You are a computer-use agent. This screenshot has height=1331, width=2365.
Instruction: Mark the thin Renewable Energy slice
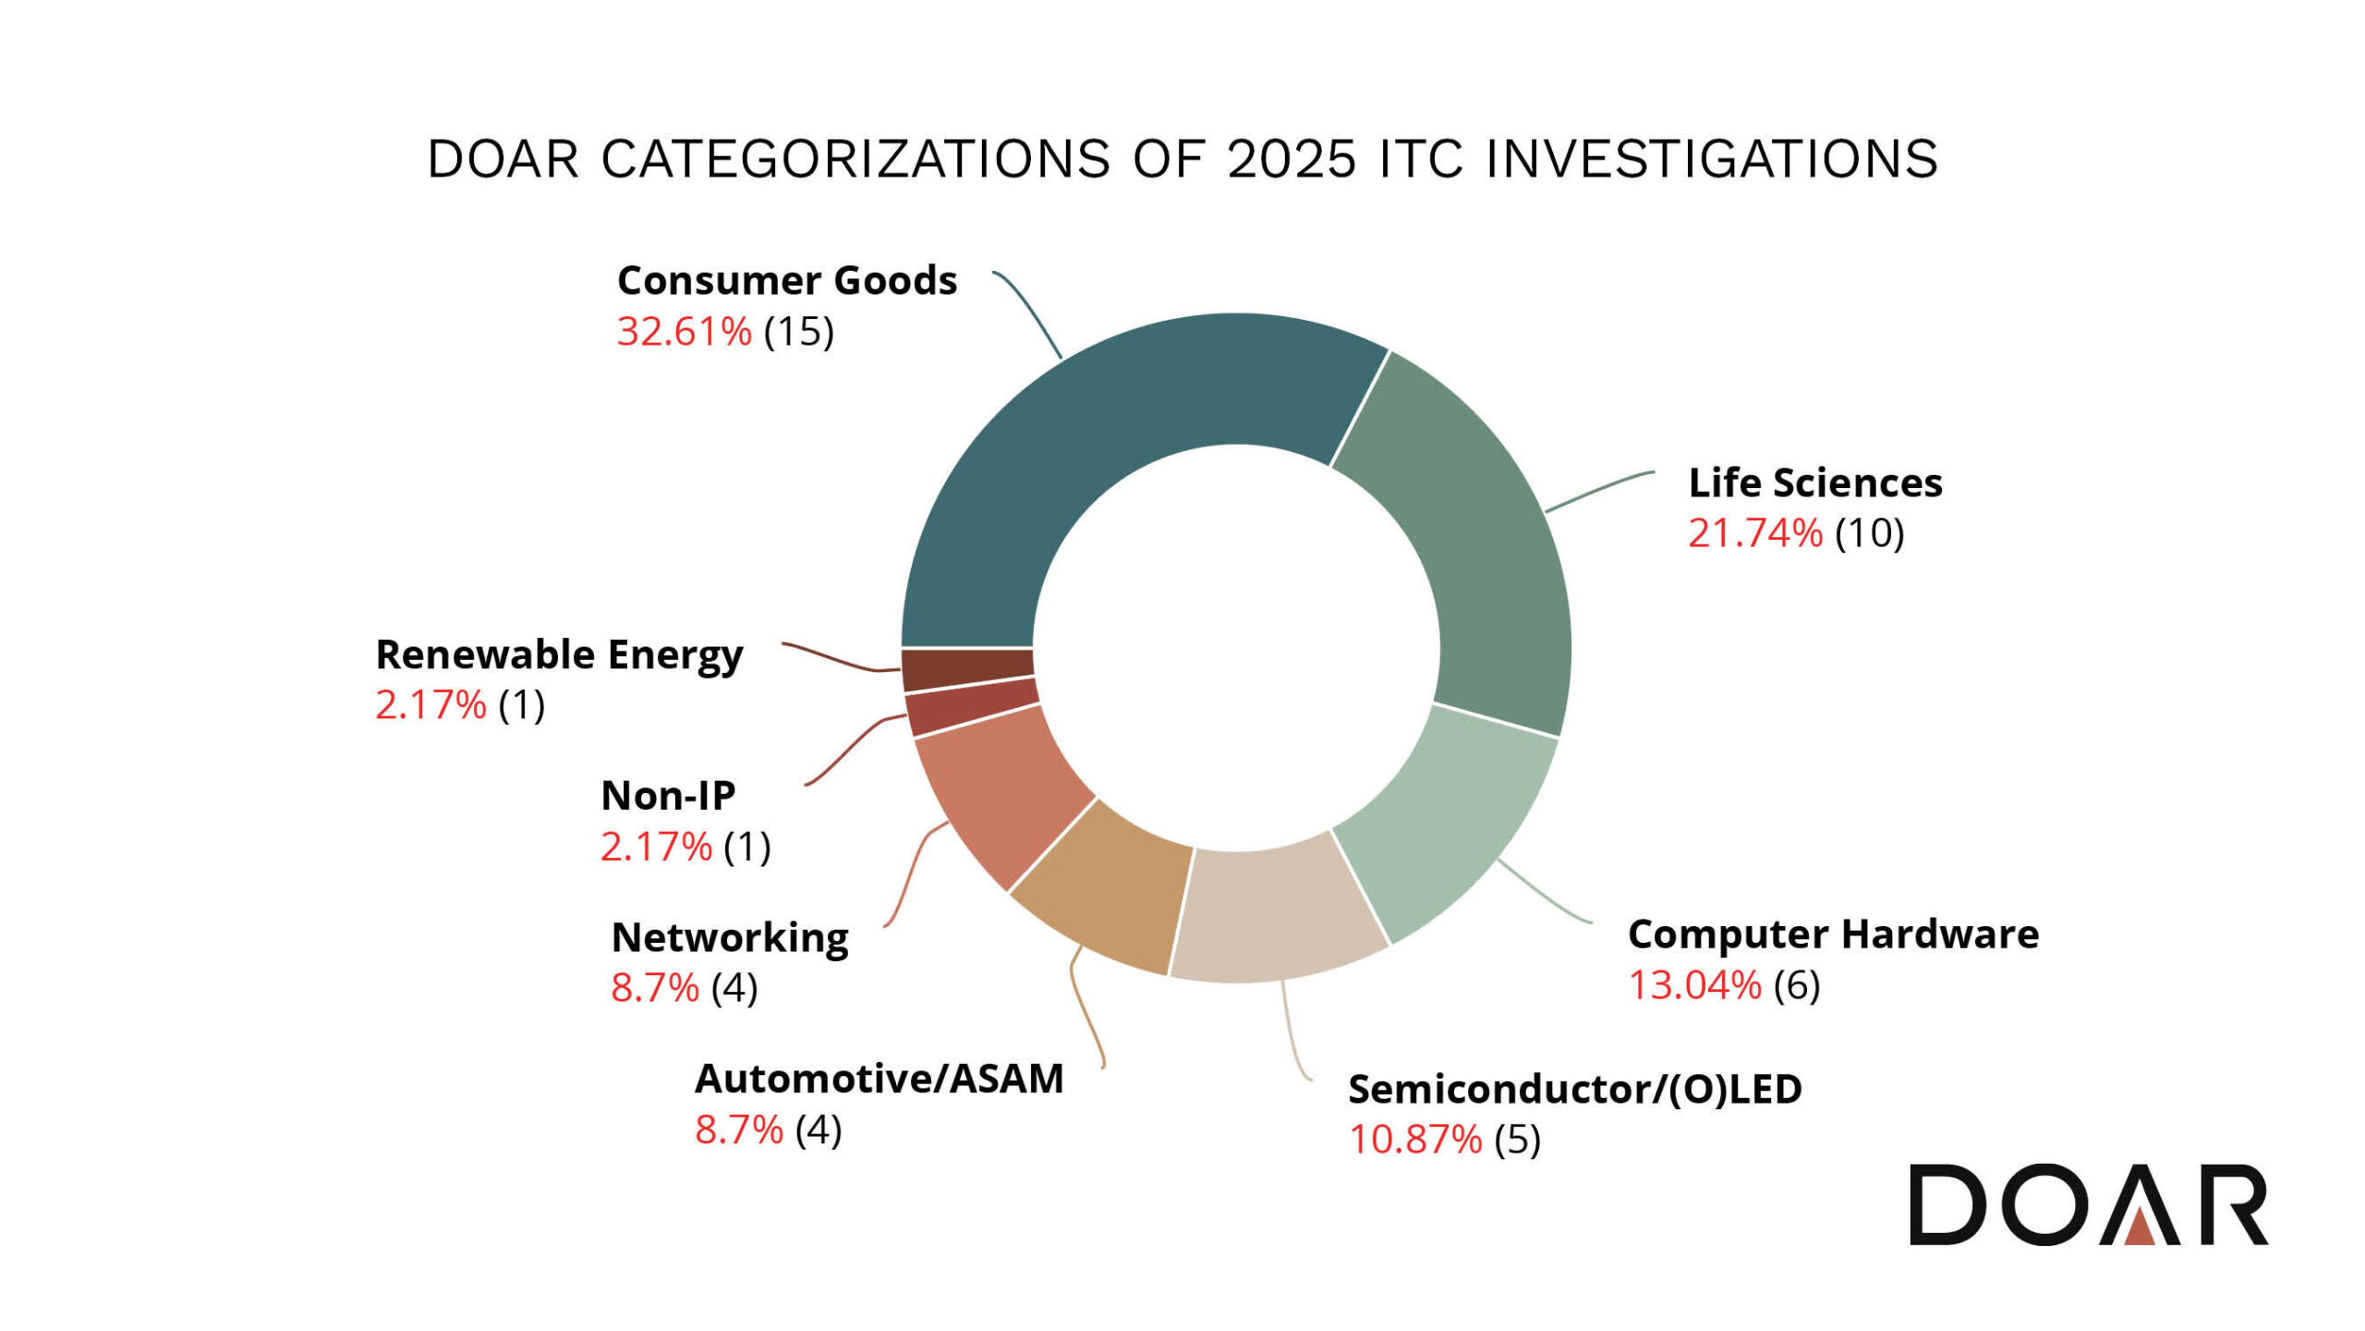pos(967,671)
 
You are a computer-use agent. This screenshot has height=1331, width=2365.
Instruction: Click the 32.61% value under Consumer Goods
pos(684,332)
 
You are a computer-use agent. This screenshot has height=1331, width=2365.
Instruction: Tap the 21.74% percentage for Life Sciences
pos(1754,533)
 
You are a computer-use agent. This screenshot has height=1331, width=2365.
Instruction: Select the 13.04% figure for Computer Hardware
pos(1693,985)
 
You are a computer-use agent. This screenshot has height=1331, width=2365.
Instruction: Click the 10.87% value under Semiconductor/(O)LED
pos(1414,1140)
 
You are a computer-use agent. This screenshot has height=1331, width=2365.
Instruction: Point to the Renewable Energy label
pos(558,655)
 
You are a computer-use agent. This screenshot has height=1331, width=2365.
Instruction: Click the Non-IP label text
pos(667,796)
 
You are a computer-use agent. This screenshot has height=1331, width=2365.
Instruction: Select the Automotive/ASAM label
pos(879,1079)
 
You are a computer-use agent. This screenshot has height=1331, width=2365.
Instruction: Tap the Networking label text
pos(729,938)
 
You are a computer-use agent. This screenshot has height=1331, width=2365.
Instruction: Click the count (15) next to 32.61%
pos(798,332)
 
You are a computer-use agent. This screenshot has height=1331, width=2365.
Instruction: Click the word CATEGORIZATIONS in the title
pos(855,159)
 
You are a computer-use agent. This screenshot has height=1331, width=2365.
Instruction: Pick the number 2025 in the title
pos(1292,159)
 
